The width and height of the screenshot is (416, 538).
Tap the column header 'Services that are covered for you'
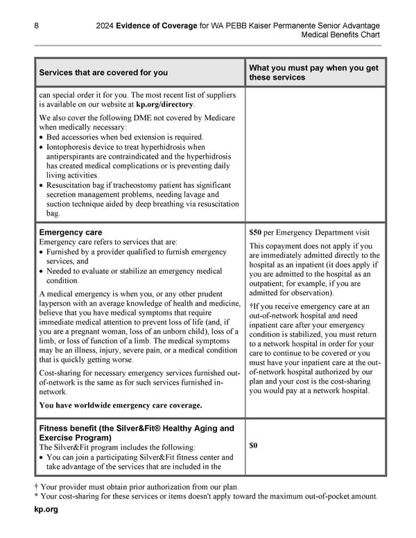(103, 73)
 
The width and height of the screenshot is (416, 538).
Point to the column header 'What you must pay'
(313, 67)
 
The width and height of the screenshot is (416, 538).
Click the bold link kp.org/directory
(165, 104)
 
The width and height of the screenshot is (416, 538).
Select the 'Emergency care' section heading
(71, 232)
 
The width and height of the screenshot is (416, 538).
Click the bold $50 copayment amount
(255, 232)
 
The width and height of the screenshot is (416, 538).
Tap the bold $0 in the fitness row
(254, 445)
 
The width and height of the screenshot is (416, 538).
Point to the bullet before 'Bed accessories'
(42, 137)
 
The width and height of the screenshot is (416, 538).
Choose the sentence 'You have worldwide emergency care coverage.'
(121, 405)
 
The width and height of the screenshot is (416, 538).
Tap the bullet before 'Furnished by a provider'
(42, 252)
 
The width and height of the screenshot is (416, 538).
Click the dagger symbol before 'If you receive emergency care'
(251, 306)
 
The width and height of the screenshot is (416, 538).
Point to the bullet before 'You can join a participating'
(42, 458)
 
